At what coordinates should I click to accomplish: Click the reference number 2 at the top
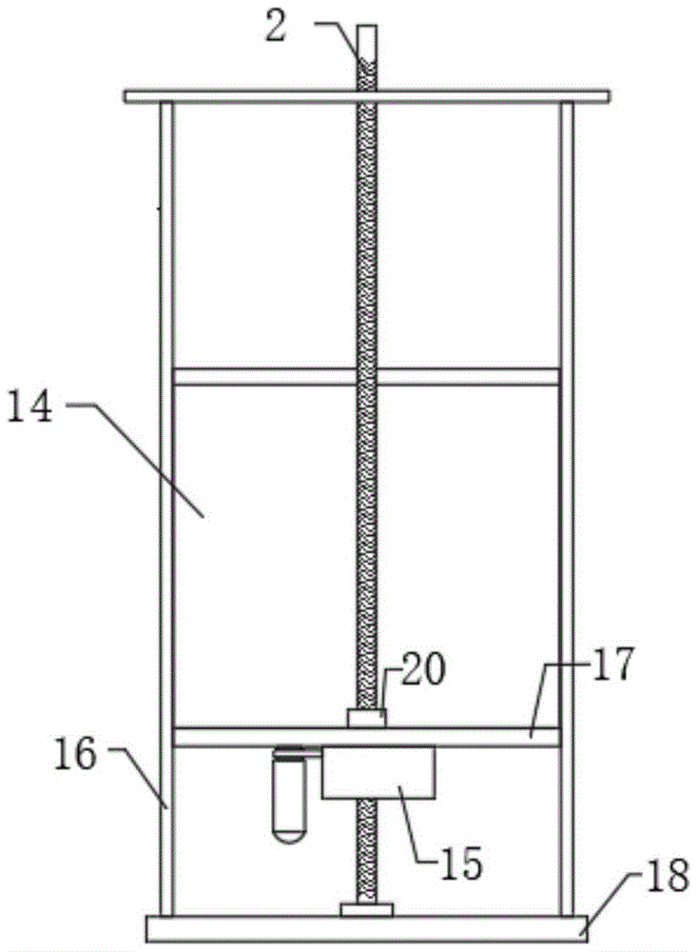click(275, 29)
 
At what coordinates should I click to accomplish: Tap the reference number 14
click(30, 408)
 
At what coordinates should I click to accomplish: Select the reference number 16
click(75, 756)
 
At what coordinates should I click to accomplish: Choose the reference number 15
click(461, 864)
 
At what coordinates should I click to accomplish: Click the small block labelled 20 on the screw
click(366, 718)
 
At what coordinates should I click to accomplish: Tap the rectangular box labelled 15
click(378, 772)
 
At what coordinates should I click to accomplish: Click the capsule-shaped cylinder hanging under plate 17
click(289, 795)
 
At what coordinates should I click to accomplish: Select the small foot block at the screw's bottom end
click(366, 909)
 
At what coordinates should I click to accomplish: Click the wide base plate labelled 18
click(367, 929)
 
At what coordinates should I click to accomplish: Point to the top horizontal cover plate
click(367, 96)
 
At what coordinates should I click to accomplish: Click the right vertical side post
click(567, 509)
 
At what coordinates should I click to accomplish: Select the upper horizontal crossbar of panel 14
click(366, 376)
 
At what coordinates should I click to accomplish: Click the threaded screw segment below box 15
click(366, 850)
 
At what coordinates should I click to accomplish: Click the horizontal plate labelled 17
click(366, 737)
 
